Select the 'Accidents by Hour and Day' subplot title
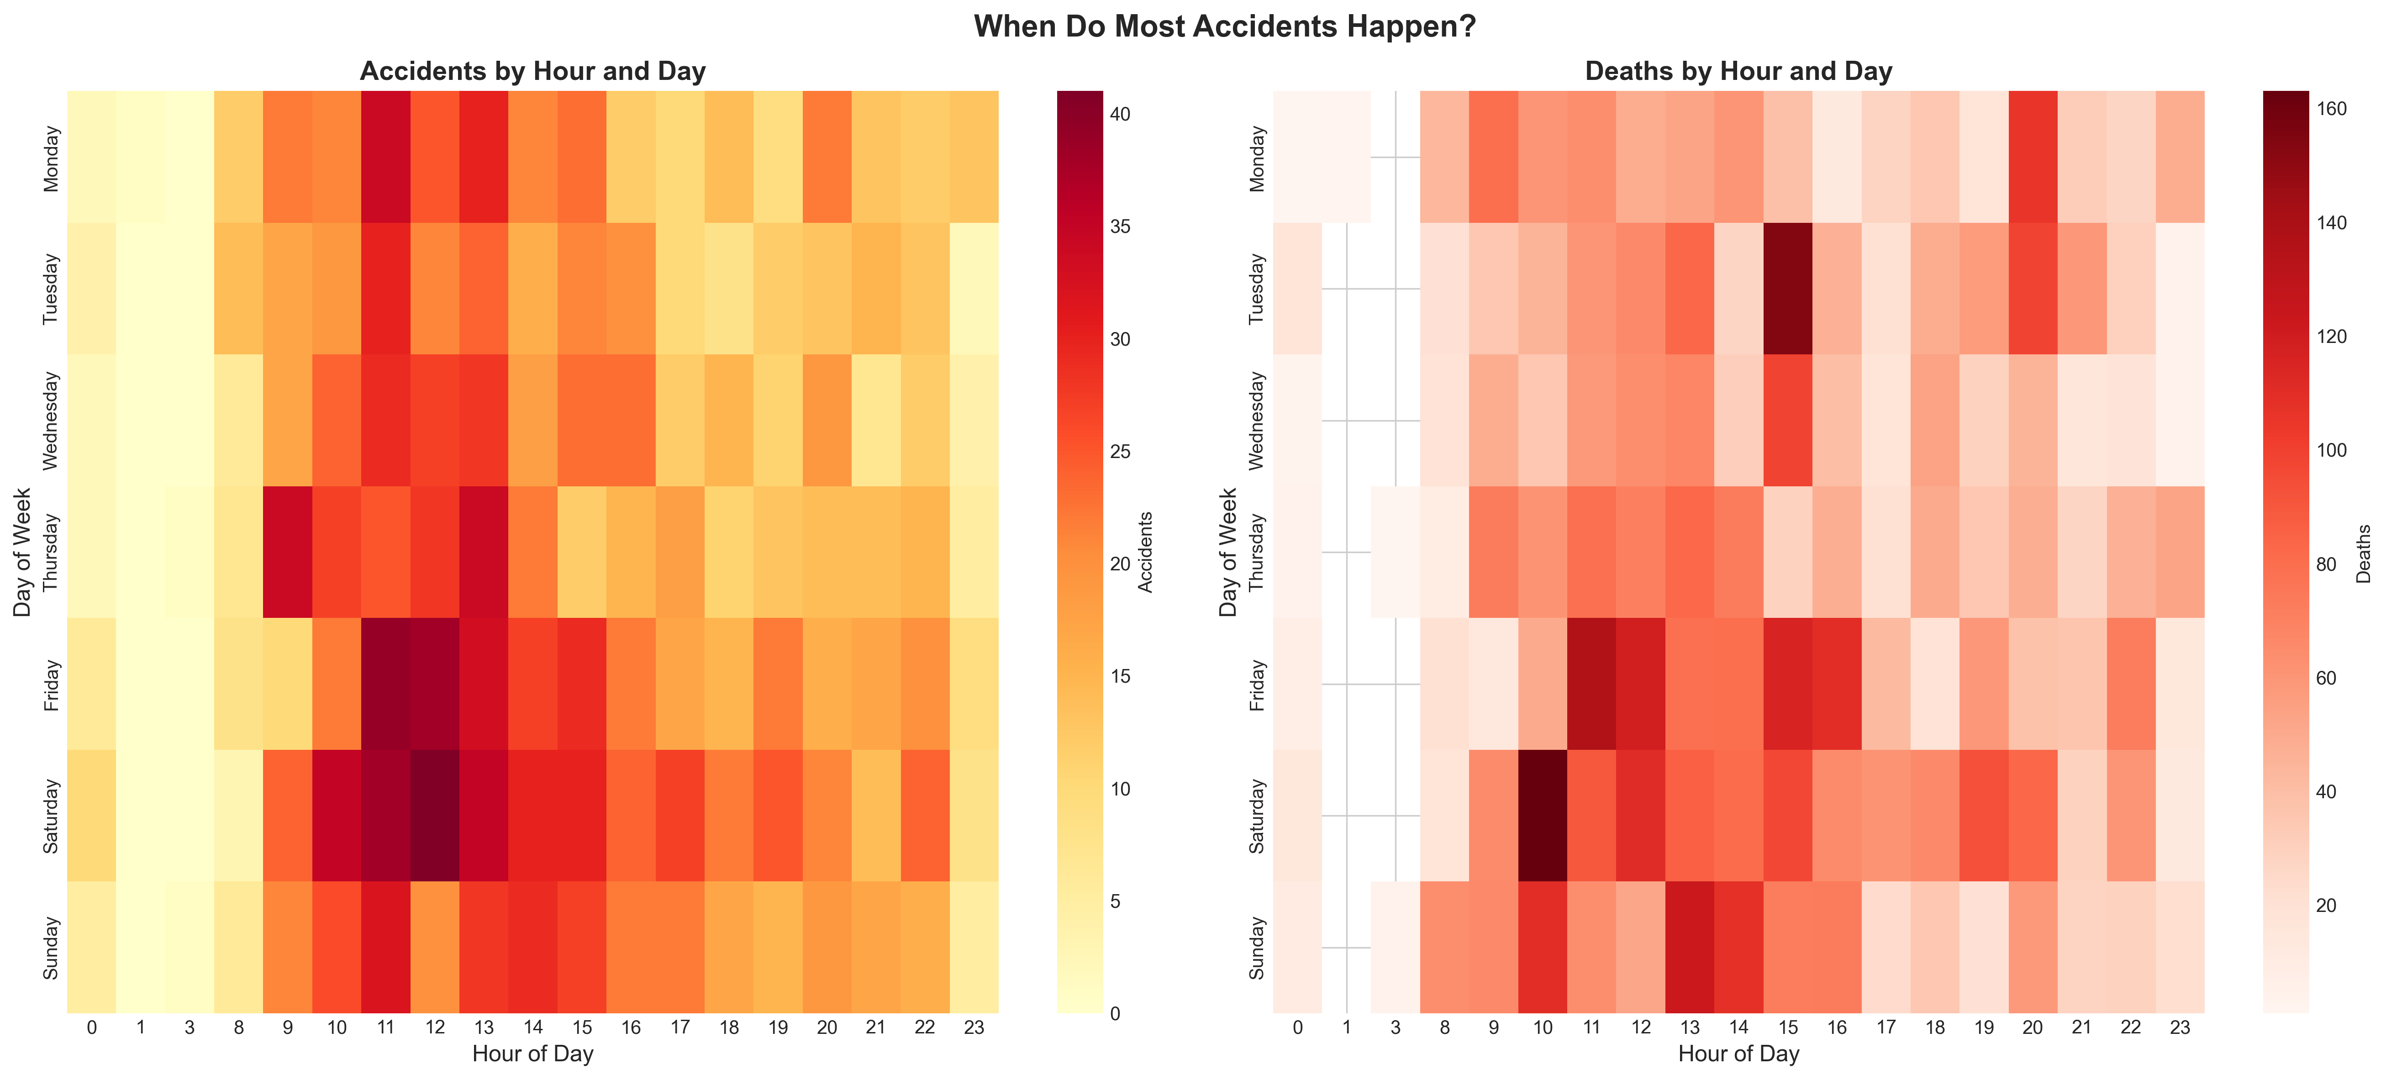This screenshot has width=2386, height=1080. coord(532,71)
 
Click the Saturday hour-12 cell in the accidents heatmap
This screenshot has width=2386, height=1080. coord(434,815)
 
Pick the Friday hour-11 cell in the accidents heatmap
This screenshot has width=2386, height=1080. coord(385,684)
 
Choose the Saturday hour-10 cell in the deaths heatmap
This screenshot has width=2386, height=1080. coord(1542,815)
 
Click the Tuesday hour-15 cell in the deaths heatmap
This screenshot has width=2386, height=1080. coord(1788,288)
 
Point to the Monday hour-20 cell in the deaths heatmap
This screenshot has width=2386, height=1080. coord(2032,157)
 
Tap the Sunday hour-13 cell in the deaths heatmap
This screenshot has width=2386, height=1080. coord(1690,947)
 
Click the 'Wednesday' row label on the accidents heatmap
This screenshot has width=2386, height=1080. coord(51,421)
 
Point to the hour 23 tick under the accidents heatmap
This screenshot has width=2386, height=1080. coord(974,1027)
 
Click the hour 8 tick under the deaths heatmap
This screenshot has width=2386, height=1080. coord(1444,1027)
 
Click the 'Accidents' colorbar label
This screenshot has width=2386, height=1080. coord(1146,552)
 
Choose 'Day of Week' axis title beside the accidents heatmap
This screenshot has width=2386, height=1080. coord(22,552)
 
